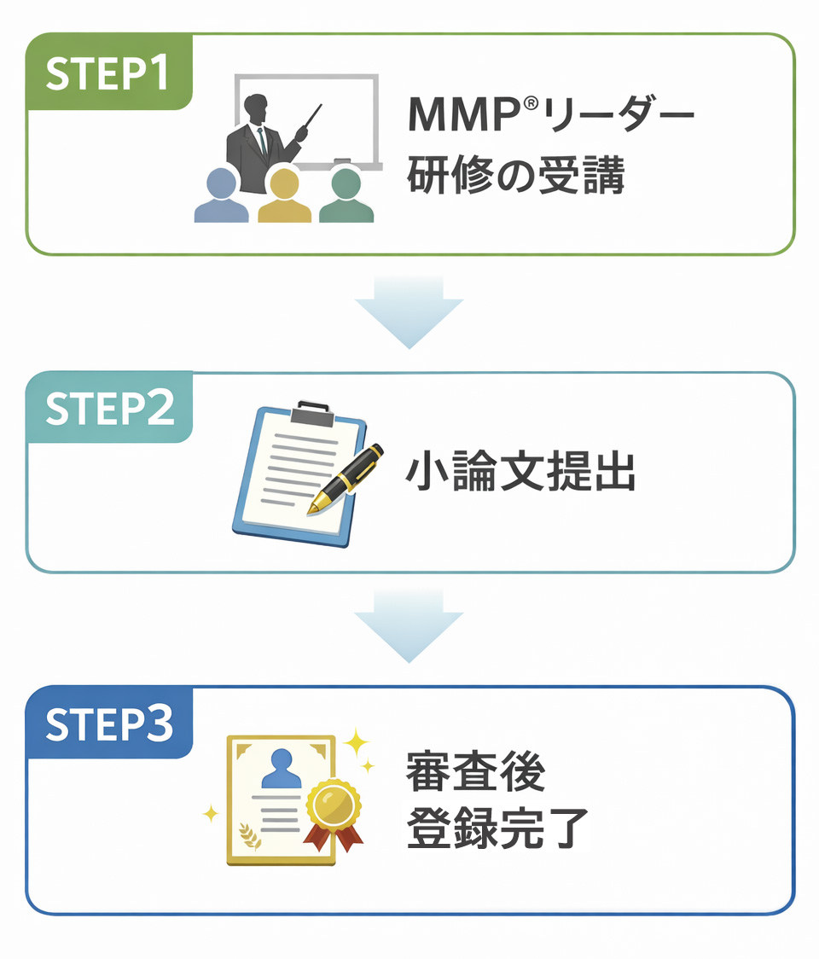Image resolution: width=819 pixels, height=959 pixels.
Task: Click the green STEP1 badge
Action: [108, 73]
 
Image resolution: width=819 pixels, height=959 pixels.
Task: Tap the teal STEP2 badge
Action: [108, 409]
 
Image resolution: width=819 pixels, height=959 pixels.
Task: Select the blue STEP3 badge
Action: [108, 723]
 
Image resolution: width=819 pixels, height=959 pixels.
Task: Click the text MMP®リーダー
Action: [550, 116]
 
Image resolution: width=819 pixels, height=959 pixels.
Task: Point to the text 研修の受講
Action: [516, 177]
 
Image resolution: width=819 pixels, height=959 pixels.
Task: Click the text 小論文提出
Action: [520, 473]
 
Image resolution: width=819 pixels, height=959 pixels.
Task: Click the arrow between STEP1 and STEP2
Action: [409, 312]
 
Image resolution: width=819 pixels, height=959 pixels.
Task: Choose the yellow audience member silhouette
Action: [284, 197]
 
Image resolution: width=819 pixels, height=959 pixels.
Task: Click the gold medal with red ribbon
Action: [333, 806]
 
